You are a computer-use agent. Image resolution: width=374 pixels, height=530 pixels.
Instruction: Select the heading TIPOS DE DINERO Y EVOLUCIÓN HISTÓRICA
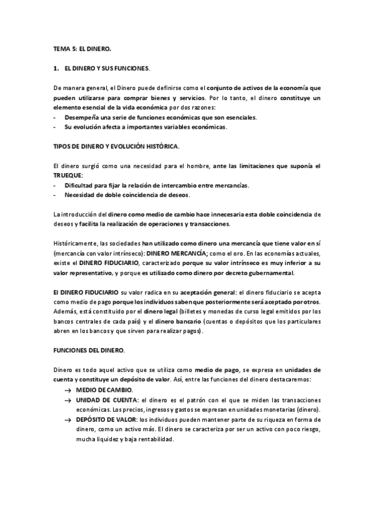[x=116, y=146]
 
